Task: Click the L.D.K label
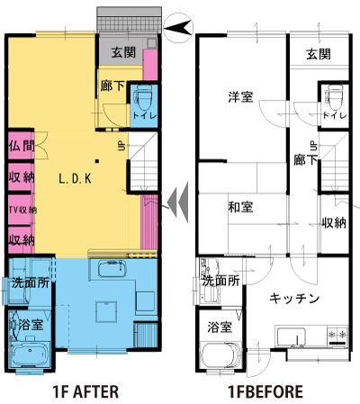point(75,179)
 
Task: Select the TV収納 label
point(22,210)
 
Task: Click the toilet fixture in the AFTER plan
point(144,97)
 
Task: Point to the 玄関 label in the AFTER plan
point(123,52)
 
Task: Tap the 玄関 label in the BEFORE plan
point(319,55)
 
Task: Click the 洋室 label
point(240,97)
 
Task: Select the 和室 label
point(240,207)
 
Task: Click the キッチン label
point(293,299)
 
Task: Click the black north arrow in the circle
point(178,28)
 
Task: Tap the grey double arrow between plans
point(178,202)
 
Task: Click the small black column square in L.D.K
point(97,161)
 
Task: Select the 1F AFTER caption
point(85,391)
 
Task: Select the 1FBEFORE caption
point(265,391)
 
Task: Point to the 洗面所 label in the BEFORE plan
point(221,281)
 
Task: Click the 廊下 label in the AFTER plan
point(112,85)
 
